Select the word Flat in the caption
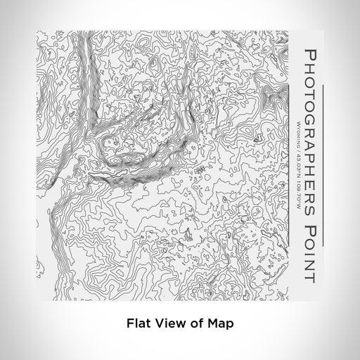[x=138, y=324]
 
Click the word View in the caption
[x=168, y=324]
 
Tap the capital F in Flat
[x=129, y=324]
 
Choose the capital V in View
[x=158, y=324]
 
